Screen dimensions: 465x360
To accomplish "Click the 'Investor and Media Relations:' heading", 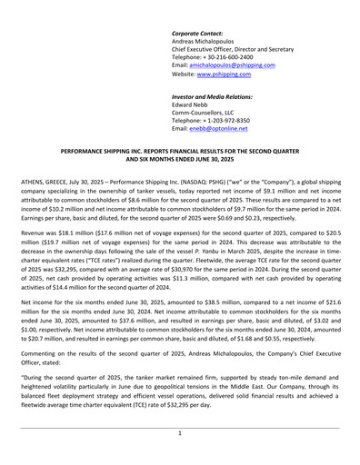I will click(212, 96).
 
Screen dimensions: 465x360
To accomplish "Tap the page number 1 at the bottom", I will click(180, 434).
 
